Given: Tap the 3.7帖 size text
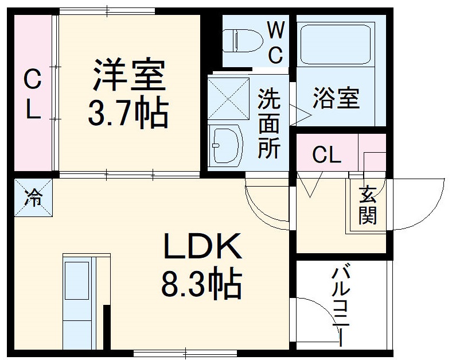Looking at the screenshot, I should pos(127,113).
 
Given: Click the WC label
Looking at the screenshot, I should pos(276,41).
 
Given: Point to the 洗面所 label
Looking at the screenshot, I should pos(268,122).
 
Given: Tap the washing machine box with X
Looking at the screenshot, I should pos(228,98).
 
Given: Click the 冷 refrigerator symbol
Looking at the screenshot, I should pos(33,198).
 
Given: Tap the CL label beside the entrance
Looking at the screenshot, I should pos(326,154).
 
